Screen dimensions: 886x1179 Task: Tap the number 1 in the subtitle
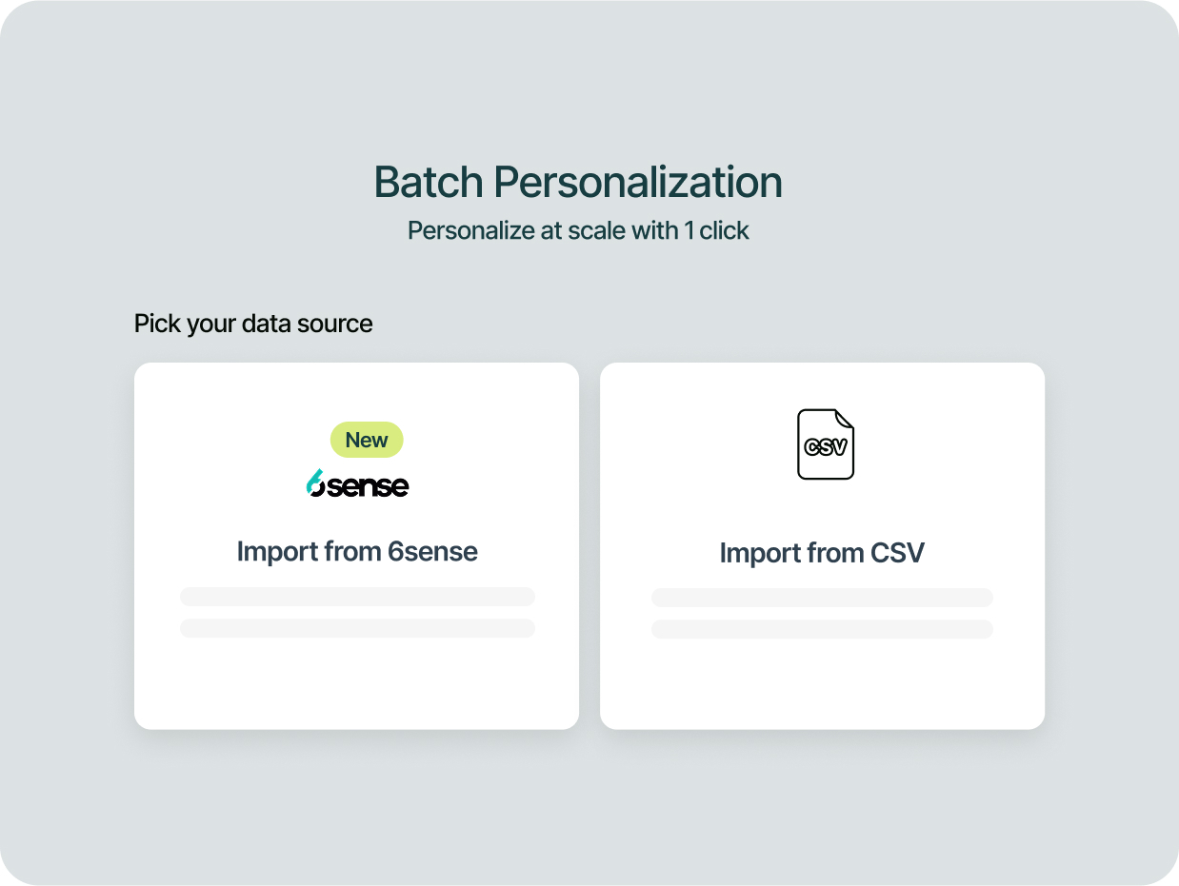pyautogui.click(x=689, y=230)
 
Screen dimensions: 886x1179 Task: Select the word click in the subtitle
pyautogui.click(x=725, y=230)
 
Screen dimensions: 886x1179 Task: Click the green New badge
pyautogui.click(x=367, y=440)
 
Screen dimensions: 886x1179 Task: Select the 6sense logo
pyautogui.click(x=357, y=483)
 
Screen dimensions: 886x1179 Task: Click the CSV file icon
pyautogui.click(x=825, y=443)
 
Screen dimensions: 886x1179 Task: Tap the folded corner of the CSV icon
pyautogui.click(x=844, y=419)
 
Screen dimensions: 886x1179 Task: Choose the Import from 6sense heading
pyautogui.click(x=357, y=551)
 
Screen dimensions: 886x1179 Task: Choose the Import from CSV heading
pyautogui.click(x=822, y=553)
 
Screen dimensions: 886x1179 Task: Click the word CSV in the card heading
pyautogui.click(x=897, y=553)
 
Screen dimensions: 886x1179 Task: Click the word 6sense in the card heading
pyautogui.click(x=432, y=551)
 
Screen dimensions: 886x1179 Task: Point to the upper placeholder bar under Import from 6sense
pyautogui.click(x=357, y=597)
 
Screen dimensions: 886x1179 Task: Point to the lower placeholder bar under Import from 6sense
pyautogui.click(x=357, y=628)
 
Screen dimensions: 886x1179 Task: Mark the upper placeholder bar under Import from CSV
pyautogui.click(x=822, y=598)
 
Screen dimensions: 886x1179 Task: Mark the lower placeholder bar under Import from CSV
pyautogui.click(x=822, y=629)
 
